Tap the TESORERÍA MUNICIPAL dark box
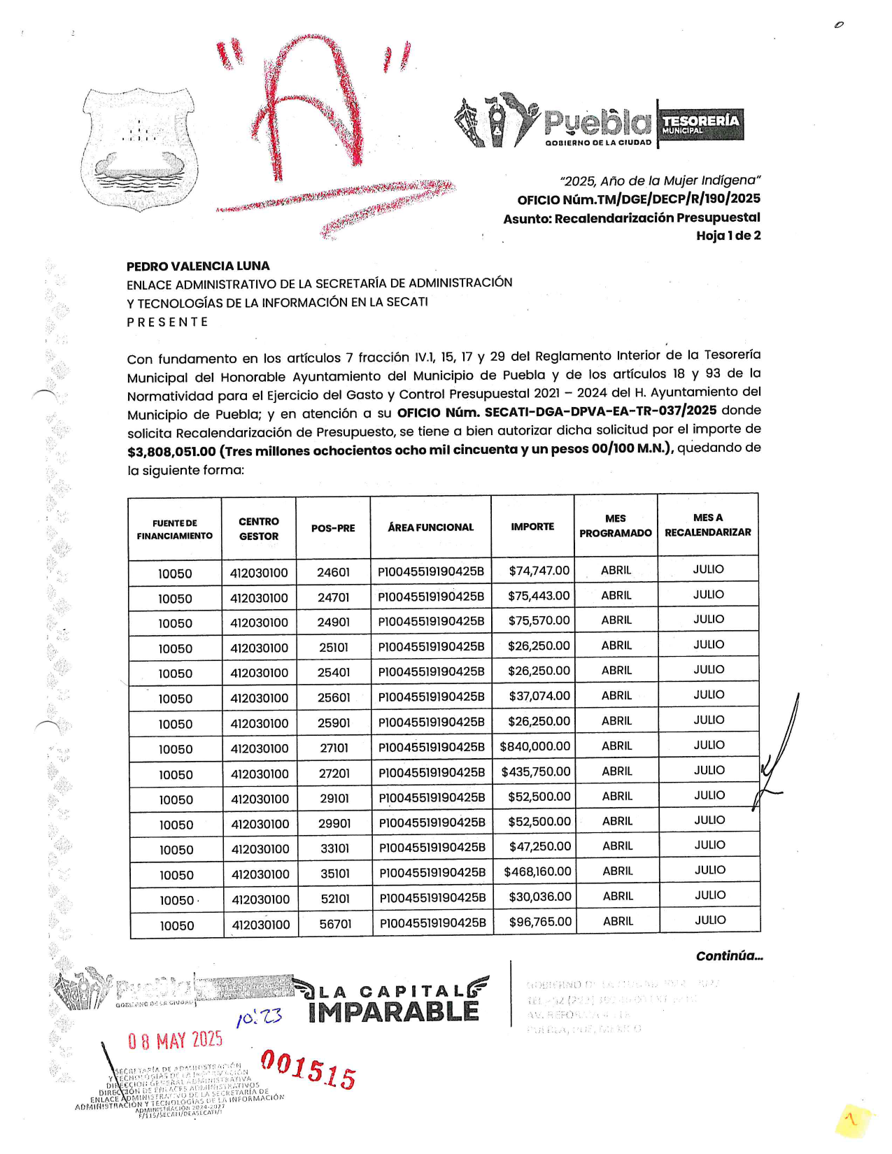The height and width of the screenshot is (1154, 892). pyautogui.click(x=700, y=124)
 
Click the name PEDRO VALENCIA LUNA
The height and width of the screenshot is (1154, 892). pyautogui.click(x=198, y=266)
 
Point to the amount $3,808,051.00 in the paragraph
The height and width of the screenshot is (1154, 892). pyautogui.click(x=171, y=452)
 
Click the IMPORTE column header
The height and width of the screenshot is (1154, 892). pyautogui.click(x=532, y=527)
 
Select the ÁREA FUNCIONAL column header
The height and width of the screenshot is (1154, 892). pyautogui.click(x=430, y=527)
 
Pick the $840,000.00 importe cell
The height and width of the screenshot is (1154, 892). pyautogui.click(x=535, y=747)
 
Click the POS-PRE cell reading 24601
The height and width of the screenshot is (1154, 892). pyautogui.click(x=333, y=572)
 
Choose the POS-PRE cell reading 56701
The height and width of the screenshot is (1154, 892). pyautogui.click(x=335, y=924)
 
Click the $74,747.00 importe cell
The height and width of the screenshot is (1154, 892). pyautogui.click(x=539, y=571)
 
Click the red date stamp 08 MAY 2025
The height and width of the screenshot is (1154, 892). pyautogui.click(x=175, y=1041)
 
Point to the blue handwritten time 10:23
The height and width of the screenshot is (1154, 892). pyautogui.click(x=258, y=1017)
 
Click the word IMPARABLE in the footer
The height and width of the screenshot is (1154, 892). pyautogui.click(x=393, y=1012)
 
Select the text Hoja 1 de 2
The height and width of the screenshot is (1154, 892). pyautogui.click(x=728, y=236)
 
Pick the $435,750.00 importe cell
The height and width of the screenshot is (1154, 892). pyautogui.click(x=536, y=772)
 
